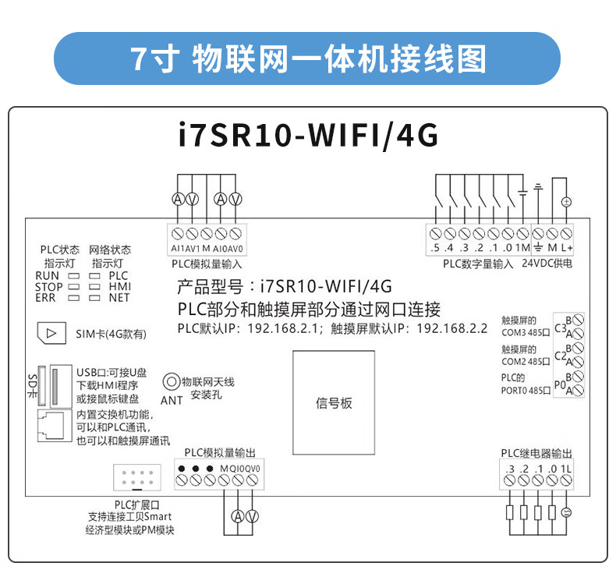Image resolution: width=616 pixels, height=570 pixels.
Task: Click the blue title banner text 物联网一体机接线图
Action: point(307,58)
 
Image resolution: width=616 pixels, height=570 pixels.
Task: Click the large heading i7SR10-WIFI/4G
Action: point(307,135)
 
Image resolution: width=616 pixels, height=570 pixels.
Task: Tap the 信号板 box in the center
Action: point(334,403)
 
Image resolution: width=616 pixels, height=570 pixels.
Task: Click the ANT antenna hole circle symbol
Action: point(171,382)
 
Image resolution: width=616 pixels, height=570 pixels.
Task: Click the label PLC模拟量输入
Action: point(207,264)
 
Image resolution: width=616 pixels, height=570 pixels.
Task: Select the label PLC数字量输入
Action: point(478,264)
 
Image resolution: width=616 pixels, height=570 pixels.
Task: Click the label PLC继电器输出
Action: point(536,454)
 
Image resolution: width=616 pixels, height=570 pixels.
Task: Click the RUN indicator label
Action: point(47,276)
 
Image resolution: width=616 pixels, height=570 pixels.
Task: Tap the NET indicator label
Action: point(119,298)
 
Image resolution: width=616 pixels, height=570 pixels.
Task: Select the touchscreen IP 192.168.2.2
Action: point(451,327)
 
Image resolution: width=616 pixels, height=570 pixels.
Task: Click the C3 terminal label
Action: point(559,328)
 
